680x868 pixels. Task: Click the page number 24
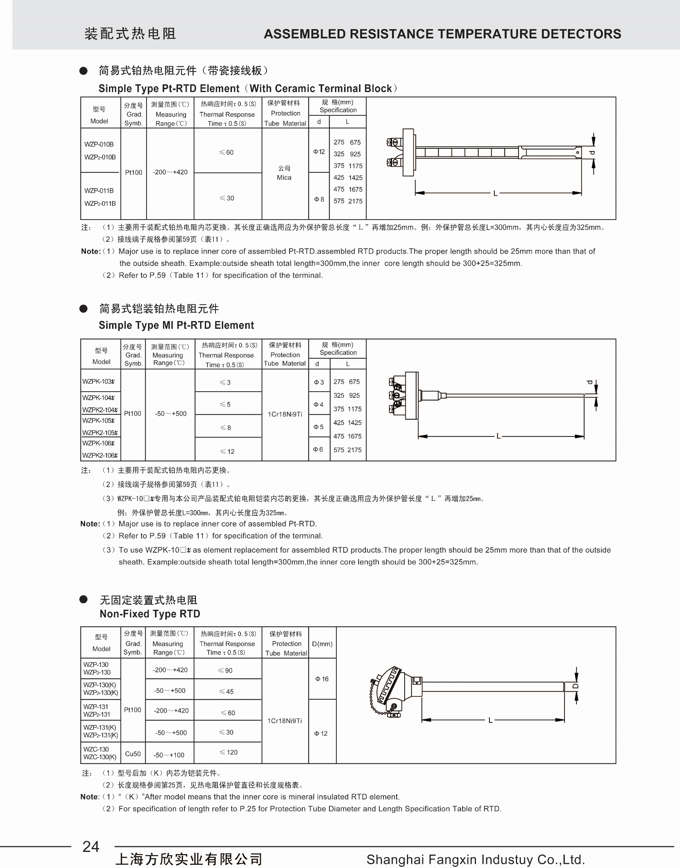coord(91,846)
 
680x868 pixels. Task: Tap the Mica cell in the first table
coord(284,173)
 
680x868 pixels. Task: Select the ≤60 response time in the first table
coord(227,153)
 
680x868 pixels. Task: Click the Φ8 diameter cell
coord(319,199)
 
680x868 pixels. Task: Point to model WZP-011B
coord(99,191)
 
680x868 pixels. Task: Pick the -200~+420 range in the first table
coord(170,172)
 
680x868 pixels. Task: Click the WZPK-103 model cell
coord(98,381)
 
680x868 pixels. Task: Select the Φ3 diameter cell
coord(319,382)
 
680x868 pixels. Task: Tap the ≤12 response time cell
coord(227,451)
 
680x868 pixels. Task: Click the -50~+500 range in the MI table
coord(170,414)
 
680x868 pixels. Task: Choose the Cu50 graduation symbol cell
coord(133,754)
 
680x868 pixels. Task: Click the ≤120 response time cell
coord(228,752)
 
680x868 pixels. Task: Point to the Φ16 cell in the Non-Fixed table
coord(322,679)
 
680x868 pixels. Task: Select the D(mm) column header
coord(322,644)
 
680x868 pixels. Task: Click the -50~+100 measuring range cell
coord(169,755)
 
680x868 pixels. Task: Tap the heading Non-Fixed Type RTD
coord(150,614)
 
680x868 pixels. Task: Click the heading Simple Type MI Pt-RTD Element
coord(176,325)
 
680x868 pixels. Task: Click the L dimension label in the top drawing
coord(495,193)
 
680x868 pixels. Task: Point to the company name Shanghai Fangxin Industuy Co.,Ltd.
coord(475,860)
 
